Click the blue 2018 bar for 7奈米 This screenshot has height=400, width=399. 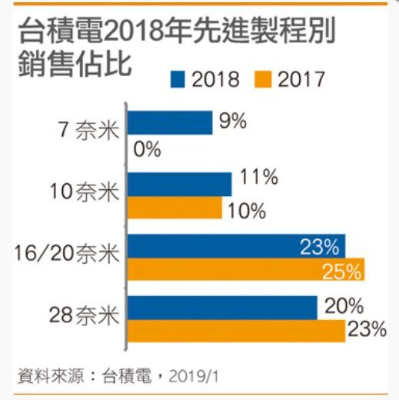pos(169,123)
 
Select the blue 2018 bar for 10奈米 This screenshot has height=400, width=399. pos(179,184)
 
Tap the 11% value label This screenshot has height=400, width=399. pos(258,178)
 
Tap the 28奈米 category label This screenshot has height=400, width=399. pos(85,315)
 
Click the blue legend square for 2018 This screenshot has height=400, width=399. pos(178,78)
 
